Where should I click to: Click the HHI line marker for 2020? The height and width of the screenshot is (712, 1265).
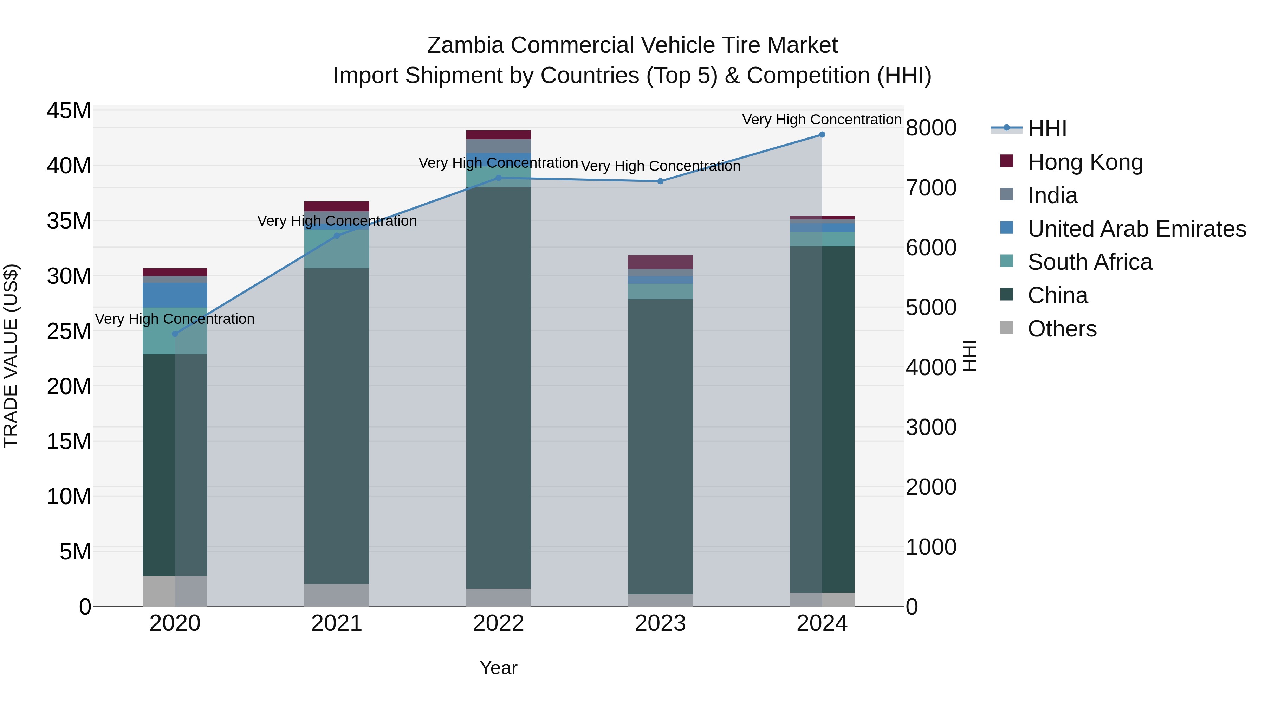[175, 334]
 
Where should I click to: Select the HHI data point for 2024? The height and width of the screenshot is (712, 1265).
[822, 135]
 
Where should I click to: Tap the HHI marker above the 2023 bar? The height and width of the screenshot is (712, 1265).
[661, 181]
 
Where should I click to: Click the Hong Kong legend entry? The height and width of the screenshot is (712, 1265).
[1085, 162]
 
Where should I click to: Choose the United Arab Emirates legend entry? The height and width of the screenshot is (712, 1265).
[1137, 229]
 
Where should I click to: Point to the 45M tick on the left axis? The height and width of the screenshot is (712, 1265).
[69, 110]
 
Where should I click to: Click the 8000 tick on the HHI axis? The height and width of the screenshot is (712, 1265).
[931, 128]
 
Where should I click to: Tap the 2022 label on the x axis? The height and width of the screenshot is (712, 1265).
[498, 623]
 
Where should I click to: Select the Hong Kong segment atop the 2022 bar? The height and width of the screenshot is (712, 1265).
[498, 135]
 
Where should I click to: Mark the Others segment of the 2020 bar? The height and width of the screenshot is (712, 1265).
[175, 591]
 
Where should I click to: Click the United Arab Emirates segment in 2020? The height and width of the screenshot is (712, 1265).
[175, 295]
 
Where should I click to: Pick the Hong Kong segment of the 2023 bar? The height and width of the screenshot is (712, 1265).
[661, 262]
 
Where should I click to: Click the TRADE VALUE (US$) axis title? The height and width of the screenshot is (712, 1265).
[11, 356]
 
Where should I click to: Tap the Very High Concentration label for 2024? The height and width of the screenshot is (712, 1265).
[822, 120]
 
